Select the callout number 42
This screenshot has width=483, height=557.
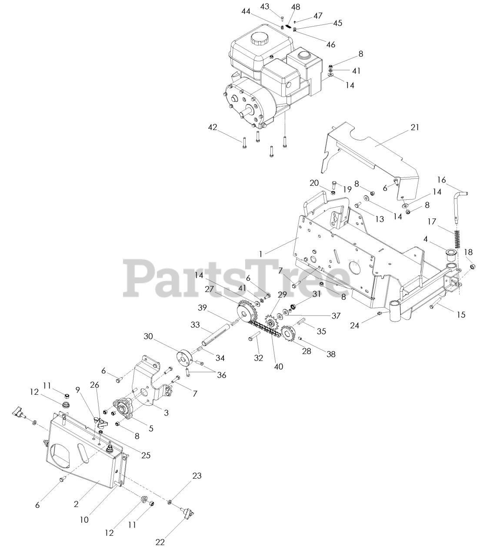coord(213,127)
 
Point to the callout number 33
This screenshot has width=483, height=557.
coord(195,325)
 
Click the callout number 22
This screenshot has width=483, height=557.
coord(160,542)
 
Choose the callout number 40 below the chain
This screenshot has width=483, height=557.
coord(279,366)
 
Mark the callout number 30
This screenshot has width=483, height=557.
coord(148,336)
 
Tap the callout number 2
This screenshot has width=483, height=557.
coord(77,504)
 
